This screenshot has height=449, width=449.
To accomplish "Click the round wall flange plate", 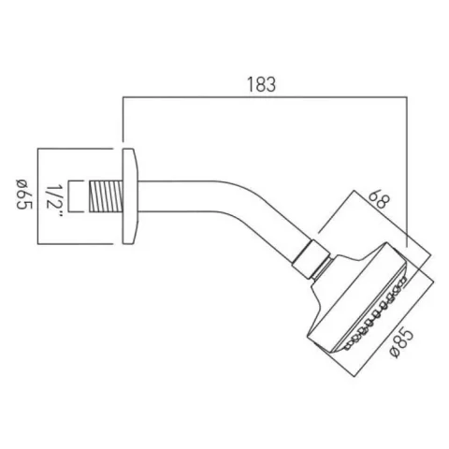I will point(131,197).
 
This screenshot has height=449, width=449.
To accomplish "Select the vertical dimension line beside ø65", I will point(36,197).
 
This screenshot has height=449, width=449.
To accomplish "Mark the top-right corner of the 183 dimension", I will point(408,96).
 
